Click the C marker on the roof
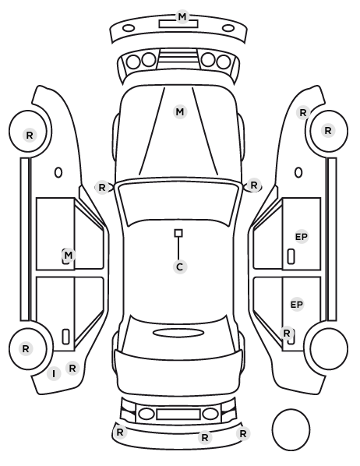pos(180,267)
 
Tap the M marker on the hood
pos(180,112)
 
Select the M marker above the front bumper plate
pos(182,16)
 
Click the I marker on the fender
pos(54,373)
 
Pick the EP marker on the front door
pos(301,237)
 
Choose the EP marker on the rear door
pos(296,305)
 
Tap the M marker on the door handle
pos(69,255)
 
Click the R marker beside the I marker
pos(72,369)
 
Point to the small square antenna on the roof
pos(178,233)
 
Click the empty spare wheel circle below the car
pos(291,429)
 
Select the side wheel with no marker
pos(329,348)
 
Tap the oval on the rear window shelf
pos(179,333)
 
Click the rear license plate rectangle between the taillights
pos(178,415)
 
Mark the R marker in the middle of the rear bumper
pos(204,437)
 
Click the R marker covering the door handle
pos(287,334)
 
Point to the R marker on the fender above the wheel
pos(303,113)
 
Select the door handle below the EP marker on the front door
pos(291,256)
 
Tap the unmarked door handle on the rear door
pos(65,337)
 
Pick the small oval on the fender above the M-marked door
pos(58,172)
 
